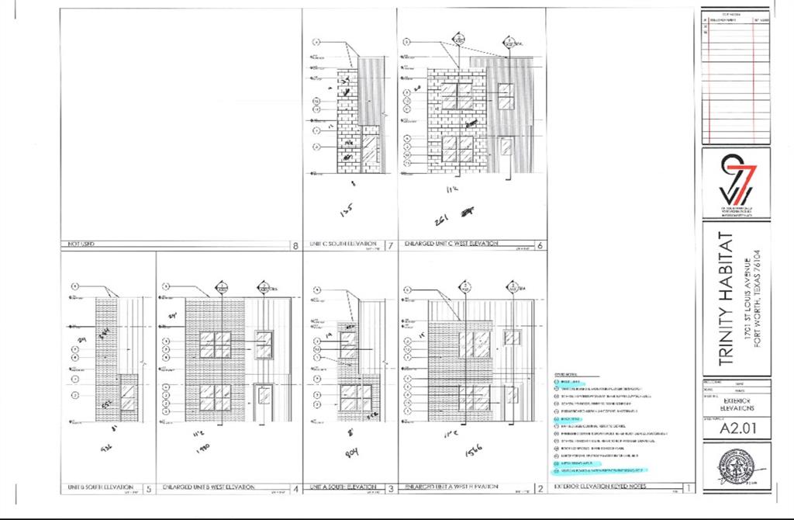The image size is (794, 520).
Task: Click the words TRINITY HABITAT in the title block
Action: pos(726,298)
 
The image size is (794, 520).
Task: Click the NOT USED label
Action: pos(77,245)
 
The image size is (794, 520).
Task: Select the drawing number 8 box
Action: pos(295,246)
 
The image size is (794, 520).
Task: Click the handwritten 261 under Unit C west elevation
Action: pos(441,220)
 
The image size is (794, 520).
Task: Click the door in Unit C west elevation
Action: pos(506,155)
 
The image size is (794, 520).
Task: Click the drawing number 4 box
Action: pos(295,489)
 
